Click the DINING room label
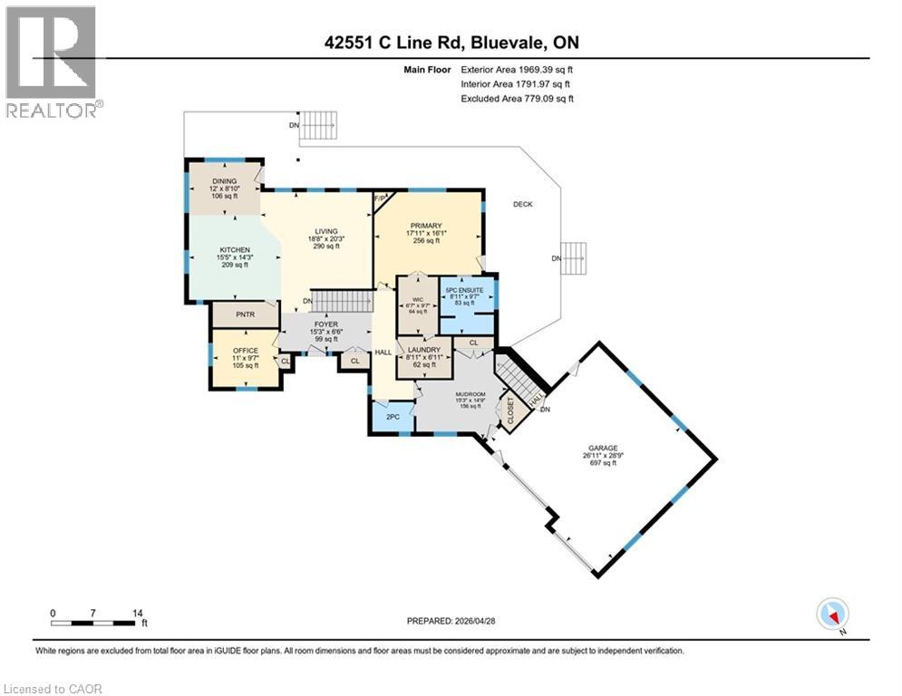(225, 181)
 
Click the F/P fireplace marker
(381, 197)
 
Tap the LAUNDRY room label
(424, 350)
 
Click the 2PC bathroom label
(392, 417)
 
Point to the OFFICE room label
(246, 350)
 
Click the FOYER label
(325, 324)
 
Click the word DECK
(522, 205)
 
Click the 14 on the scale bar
(138, 613)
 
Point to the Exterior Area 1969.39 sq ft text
(517, 69)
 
